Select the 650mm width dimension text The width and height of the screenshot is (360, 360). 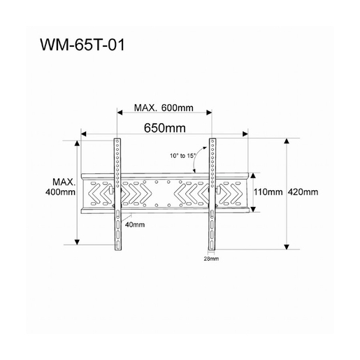click(x=164, y=129)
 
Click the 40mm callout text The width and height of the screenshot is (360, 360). click(x=135, y=225)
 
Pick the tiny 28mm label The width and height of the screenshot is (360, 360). click(x=210, y=259)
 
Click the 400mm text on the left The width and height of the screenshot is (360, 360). click(x=59, y=192)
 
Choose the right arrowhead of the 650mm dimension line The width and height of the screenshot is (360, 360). click(x=246, y=134)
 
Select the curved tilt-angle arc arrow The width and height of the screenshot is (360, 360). click(x=201, y=157)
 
